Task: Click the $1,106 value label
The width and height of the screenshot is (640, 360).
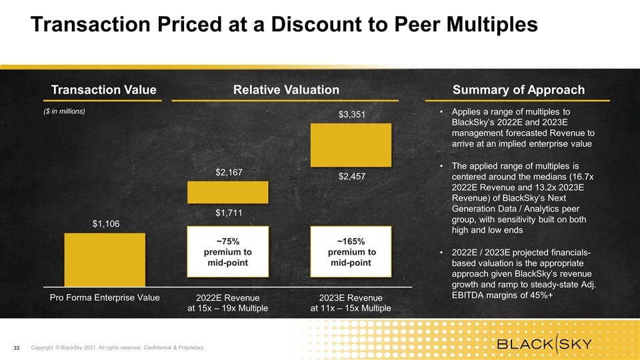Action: [x=106, y=224]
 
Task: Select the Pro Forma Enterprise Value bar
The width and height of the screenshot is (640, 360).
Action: [x=105, y=260]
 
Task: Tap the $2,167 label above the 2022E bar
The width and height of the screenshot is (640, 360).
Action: [x=229, y=173]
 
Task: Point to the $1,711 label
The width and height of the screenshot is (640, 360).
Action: [x=229, y=213]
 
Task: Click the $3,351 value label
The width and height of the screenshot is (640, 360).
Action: [x=351, y=115]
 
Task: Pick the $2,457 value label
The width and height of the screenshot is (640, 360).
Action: [x=351, y=177]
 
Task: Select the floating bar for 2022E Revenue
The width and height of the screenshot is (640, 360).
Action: [x=229, y=193]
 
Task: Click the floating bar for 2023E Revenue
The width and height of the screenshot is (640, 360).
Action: [x=351, y=145]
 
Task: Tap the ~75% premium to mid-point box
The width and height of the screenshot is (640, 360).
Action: [x=229, y=252]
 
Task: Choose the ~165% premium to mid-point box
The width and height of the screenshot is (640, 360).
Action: [x=351, y=252]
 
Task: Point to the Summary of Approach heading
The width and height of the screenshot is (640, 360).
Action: [x=518, y=90]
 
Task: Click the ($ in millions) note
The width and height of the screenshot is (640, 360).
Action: [x=63, y=111]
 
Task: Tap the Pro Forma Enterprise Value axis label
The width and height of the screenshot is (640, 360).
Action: [x=105, y=297]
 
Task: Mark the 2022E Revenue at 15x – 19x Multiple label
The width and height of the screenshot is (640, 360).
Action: [x=228, y=303]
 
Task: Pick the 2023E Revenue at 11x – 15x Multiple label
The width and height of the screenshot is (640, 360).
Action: [x=351, y=303]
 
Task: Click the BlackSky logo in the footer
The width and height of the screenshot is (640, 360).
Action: [x=545, y=345]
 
